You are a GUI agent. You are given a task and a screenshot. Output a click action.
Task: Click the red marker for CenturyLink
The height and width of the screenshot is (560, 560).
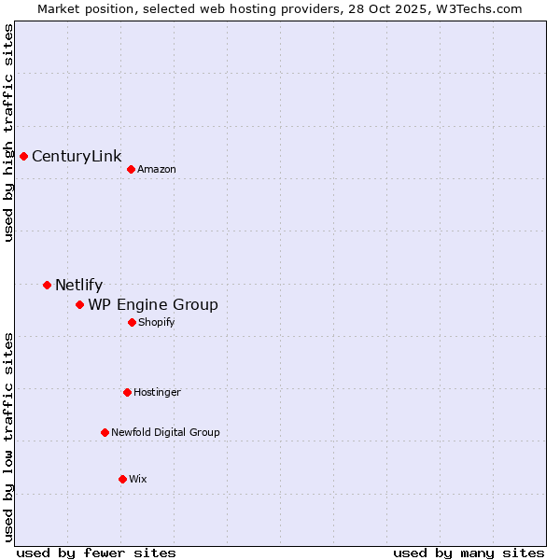coord(23,156)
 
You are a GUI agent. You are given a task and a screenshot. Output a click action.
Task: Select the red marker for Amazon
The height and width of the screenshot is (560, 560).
coord(131,169)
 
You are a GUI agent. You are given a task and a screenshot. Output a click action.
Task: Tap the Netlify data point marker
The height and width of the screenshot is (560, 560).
coord(47,285)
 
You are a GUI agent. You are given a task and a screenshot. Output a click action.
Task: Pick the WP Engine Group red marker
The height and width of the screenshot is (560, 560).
coord(79,304)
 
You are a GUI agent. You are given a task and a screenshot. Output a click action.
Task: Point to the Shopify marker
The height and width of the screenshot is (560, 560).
coord(132,322)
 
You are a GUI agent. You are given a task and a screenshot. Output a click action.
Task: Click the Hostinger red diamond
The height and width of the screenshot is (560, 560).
coord(127,392)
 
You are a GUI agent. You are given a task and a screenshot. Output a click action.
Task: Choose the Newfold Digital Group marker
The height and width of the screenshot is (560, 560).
coord(105,432)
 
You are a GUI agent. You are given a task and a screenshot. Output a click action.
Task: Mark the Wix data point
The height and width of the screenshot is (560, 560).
coord(122,479)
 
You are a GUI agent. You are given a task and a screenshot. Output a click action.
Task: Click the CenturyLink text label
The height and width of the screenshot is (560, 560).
coord(77,156)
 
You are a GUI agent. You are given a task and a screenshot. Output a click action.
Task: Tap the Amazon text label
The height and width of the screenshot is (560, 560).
coord(157,169)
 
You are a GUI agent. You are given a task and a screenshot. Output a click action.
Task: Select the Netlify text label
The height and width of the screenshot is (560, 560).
coord(78,286)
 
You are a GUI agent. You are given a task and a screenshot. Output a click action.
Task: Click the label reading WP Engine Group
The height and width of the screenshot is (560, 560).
coord(153,305)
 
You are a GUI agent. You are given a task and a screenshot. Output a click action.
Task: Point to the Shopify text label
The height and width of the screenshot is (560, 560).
coord(157,322)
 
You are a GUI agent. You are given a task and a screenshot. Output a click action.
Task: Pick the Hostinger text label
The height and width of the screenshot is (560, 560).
coord(157,392)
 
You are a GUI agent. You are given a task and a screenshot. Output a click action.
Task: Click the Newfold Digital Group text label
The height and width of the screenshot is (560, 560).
coord(165,432)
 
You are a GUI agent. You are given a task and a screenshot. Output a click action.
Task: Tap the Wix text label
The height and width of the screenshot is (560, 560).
coord(138,479)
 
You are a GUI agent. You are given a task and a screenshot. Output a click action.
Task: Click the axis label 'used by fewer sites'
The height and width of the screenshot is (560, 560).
coord(96,553)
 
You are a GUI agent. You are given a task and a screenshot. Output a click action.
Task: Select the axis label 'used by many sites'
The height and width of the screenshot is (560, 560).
coord(469,553)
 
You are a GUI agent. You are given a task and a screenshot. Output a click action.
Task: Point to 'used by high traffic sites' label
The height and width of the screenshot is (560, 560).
coord(8,133)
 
